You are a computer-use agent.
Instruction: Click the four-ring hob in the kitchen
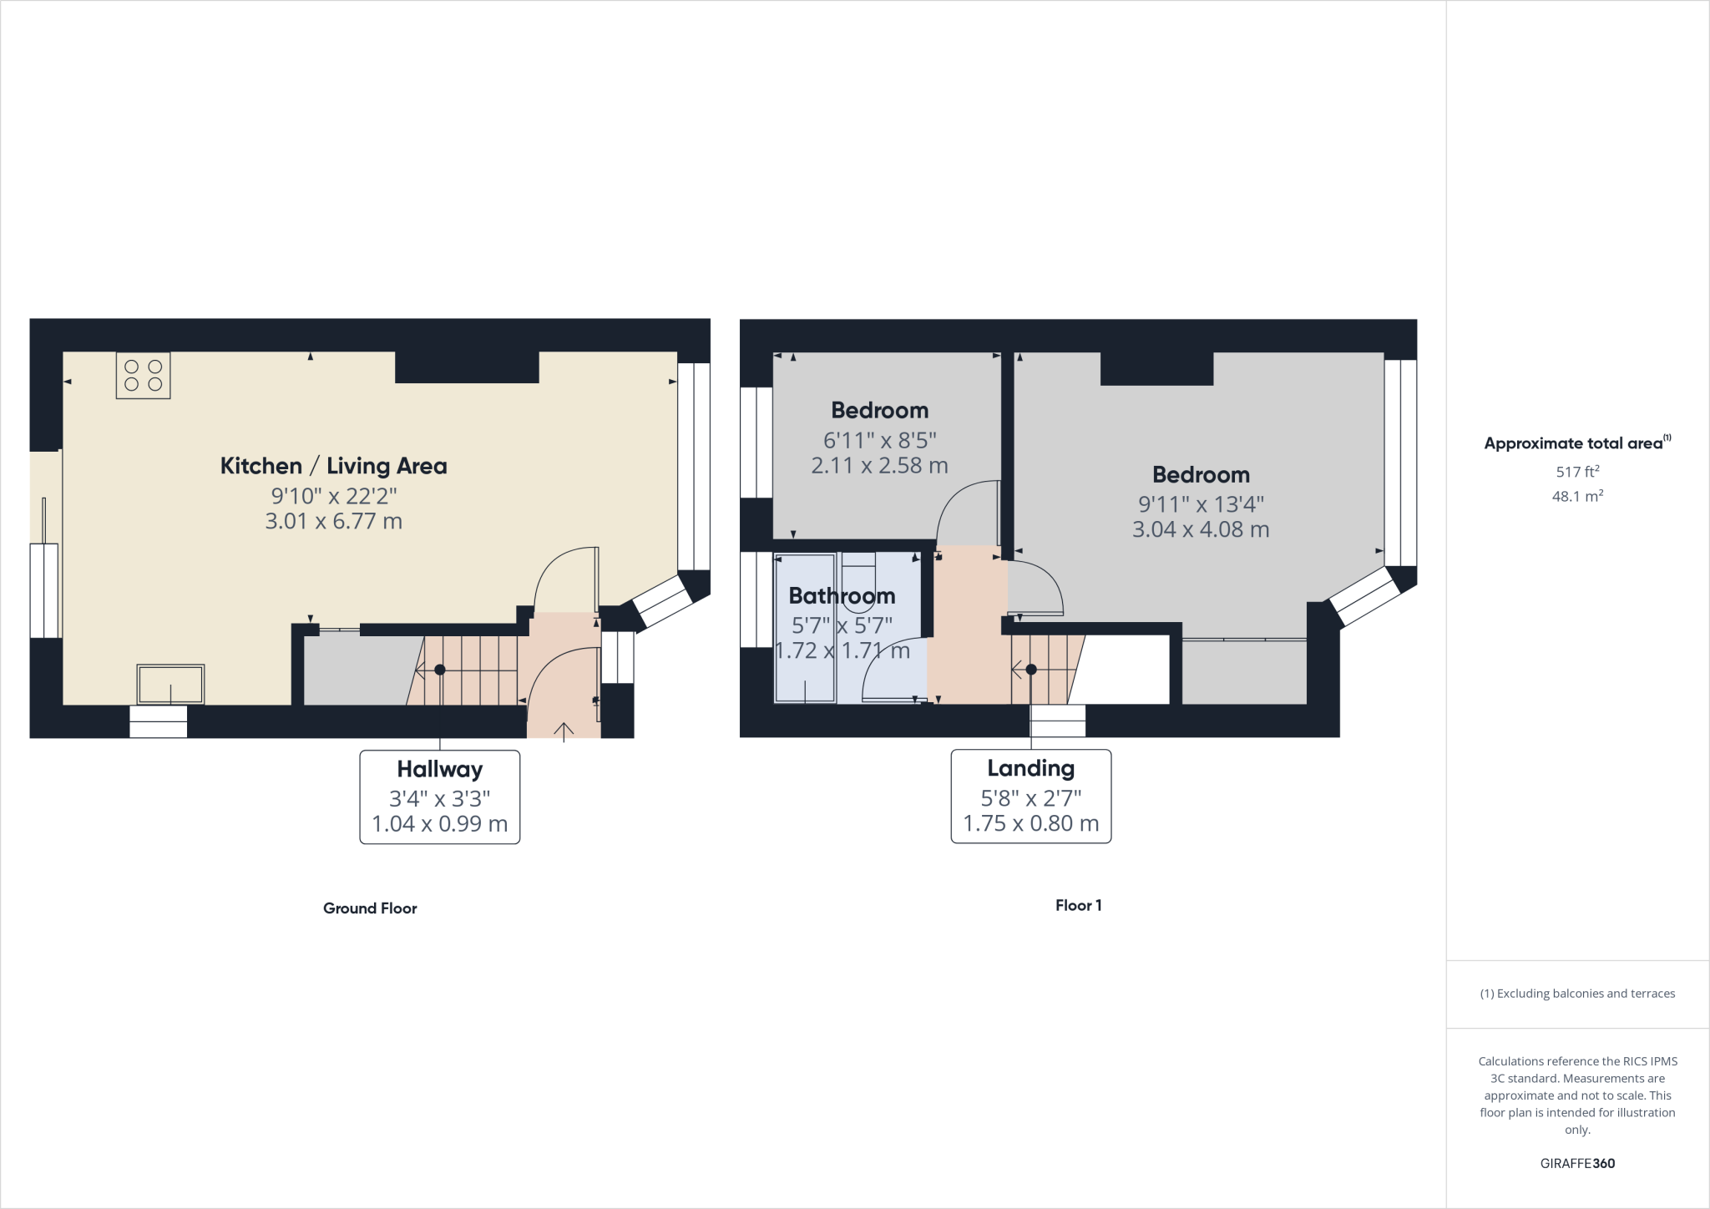click(x=143, y=376)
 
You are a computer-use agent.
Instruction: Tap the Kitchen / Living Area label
click(x=333, y=466)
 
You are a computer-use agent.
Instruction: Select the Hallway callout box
click(x=439, y=797)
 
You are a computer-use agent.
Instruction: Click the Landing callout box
click(x=1030, y=796)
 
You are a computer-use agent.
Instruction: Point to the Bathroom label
click(x=842, y=596)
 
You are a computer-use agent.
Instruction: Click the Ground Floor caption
click(x=370, y=908)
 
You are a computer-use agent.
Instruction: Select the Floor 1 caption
click(x=1078, y=906)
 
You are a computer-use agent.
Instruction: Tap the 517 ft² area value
click(x=1577, y=472)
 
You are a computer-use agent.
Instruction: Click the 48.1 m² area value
click(x=1577, y=496)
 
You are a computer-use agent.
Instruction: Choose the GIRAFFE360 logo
click(x=1577, y=1163)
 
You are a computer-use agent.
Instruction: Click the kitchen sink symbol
click(x=170, y=685)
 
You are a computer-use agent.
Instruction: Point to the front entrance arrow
click(x=564, y=731)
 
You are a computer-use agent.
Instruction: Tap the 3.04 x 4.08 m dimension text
click(x=1201, y=529)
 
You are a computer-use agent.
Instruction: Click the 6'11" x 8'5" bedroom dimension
click(x=879, y=440)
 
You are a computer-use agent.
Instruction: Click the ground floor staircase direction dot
click(x=440, y=670)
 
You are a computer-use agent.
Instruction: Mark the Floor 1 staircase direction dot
click(x=1031, y=670)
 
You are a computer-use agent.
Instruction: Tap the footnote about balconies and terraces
click(x=1577, y=994)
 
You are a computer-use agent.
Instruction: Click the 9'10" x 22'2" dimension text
click(x=333, y=496)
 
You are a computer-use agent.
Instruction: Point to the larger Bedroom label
click(x=1201, y=475)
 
